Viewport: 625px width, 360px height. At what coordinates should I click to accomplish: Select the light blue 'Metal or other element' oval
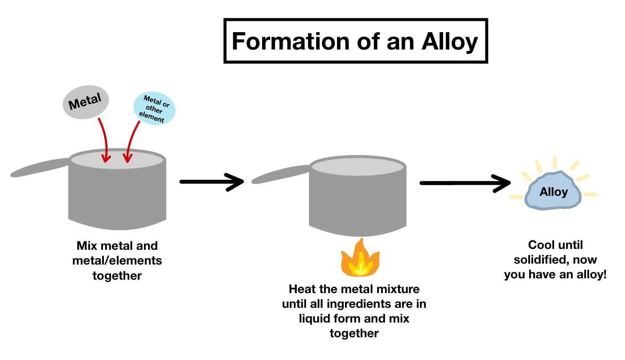(155, 109)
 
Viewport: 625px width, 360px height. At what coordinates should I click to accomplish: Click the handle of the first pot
(40, 167)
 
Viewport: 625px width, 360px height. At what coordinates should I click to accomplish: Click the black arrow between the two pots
(211, 182)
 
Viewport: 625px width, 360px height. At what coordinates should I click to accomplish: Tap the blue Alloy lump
(554, 191)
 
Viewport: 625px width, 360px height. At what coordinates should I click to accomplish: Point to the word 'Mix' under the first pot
(87, 246)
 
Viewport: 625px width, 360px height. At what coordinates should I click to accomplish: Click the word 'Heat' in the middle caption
(302, 289)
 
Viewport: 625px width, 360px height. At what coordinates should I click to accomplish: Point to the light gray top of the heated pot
(358, 166)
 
